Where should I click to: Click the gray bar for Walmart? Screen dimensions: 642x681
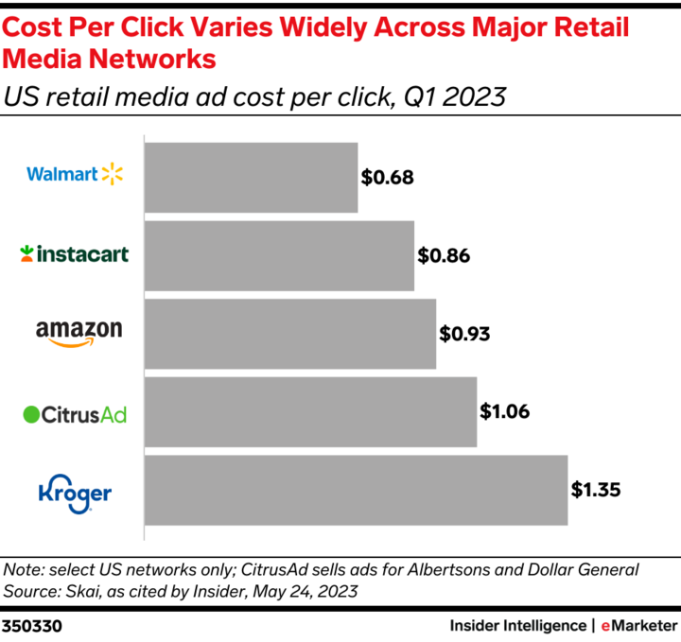[x=251, y=178]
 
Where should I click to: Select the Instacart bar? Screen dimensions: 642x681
[x=279, y=256]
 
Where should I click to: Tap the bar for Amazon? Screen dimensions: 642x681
[x=289, y=335]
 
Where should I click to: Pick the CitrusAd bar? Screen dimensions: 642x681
[x=310, y=413]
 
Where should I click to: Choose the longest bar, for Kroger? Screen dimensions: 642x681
[x=356, y=490]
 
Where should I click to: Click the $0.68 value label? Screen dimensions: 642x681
[x=388, y=177]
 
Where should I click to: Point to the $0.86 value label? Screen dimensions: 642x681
[x=444, y=255]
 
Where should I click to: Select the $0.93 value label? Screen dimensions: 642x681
[x=465, y=334]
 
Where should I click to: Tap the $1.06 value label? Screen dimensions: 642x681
[x=505, y=411]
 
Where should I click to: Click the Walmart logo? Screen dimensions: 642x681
[x=75, y=174]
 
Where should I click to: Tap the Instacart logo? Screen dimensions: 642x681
[x=75, y=253]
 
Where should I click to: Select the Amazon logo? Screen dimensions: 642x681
[x=79, y=333]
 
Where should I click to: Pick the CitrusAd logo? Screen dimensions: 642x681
[x=75, y=414]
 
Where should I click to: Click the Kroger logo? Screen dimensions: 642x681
[x=75, y=493]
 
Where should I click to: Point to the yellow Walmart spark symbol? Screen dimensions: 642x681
[x=113, y=173]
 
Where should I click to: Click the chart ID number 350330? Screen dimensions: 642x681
[x=31, y=626]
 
